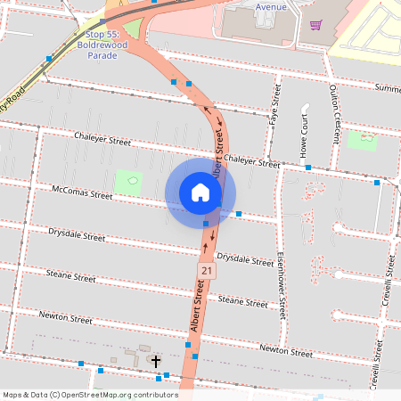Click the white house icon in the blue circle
(x=200, y=192)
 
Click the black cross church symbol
(x=156, y=361)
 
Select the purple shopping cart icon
(x=315, y=25)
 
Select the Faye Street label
(x=274, y=105)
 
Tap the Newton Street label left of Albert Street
(x=66, y=318)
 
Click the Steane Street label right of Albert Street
(x=242, y=302)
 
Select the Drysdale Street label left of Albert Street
(x=77, y=235)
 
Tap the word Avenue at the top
(x=271, y=6)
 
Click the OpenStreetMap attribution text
(x=90, y=395)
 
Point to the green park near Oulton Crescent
(x=362, y=141)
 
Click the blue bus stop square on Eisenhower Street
(x=308, y=168)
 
